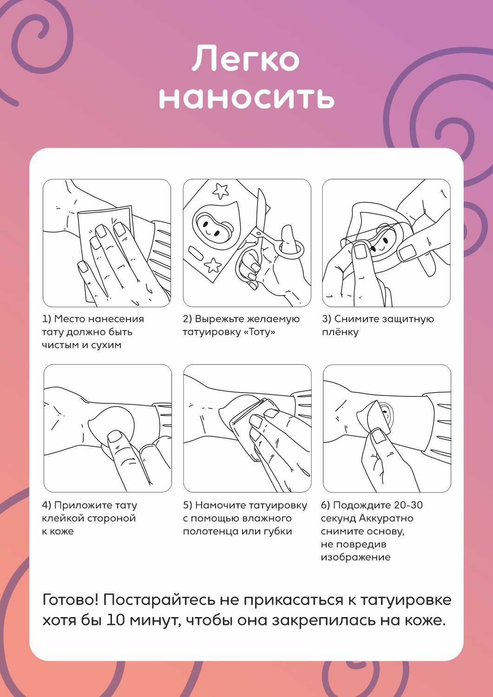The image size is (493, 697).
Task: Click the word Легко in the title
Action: click(245, 59)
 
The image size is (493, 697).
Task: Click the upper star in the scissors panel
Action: click(221, 190)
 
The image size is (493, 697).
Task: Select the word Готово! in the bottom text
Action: click(70, 599)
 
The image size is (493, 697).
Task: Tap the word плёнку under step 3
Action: click(340, 332)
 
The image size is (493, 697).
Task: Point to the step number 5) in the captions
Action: click(187, 506)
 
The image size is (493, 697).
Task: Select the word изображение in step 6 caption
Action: click(356, 557)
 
